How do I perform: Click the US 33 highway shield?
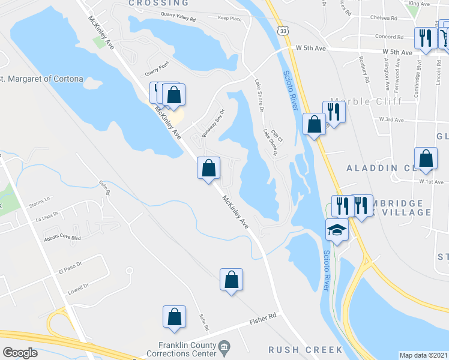282,29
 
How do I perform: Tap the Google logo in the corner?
20,353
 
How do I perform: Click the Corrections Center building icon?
224,346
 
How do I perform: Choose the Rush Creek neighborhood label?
305,349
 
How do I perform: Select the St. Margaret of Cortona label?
41,79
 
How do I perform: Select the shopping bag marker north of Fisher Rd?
232,280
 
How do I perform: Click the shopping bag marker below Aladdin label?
425,160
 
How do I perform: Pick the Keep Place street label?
230,19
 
